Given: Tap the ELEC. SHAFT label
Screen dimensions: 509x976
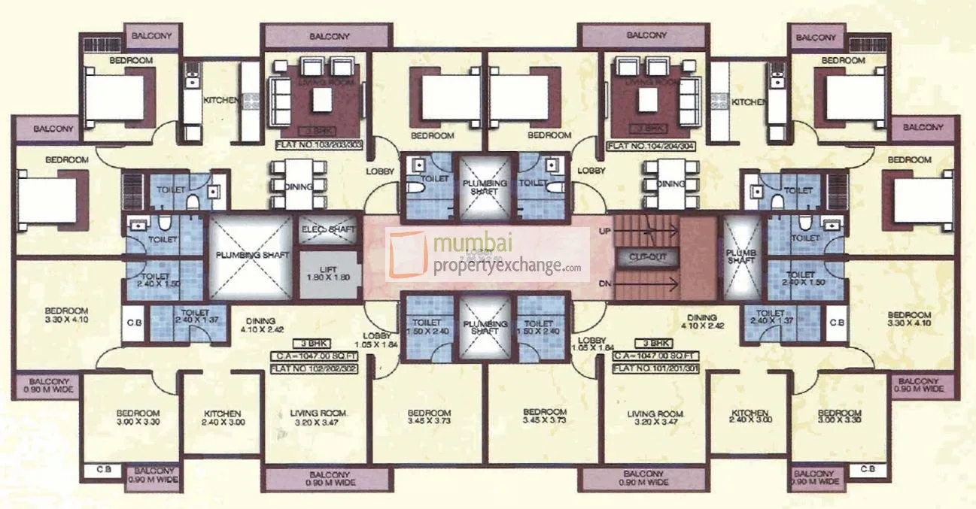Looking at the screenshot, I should (324, 229).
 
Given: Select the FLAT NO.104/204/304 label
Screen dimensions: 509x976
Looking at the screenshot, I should (646, 145).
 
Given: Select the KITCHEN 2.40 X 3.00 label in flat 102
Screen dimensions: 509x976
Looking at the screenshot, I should (222, 418).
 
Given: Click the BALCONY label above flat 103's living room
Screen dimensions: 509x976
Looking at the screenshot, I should (327, 36).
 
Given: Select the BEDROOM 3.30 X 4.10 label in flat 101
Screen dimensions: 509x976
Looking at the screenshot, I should (909, 320).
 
